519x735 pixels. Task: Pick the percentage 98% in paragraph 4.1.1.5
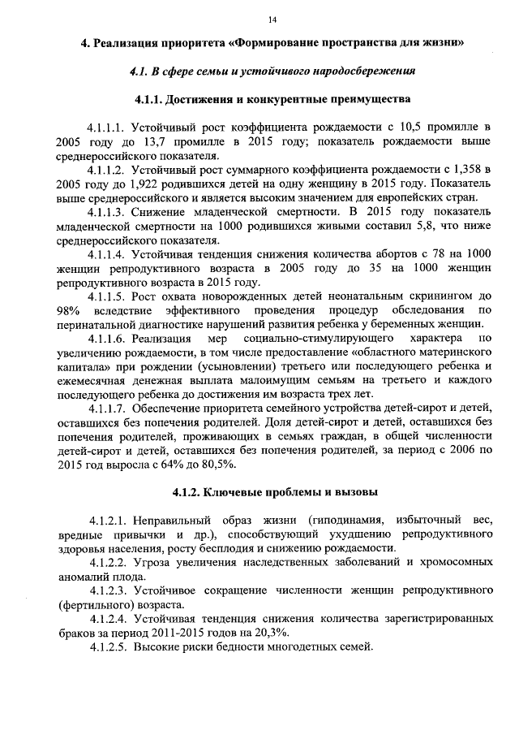[68, 312]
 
